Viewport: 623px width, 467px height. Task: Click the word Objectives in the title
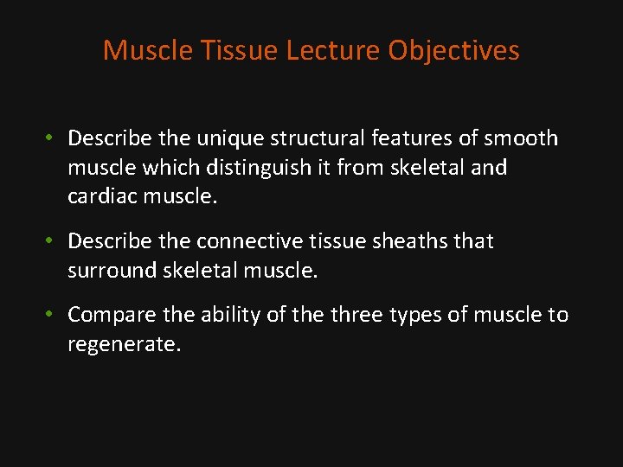point(453,51)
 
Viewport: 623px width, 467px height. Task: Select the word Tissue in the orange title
point(240,51)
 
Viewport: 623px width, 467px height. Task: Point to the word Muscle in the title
point(148,51)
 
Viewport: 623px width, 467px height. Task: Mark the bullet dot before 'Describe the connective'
point(52,241)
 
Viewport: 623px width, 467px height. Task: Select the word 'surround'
point(110,271)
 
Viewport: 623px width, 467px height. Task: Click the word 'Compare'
point(110,316)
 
